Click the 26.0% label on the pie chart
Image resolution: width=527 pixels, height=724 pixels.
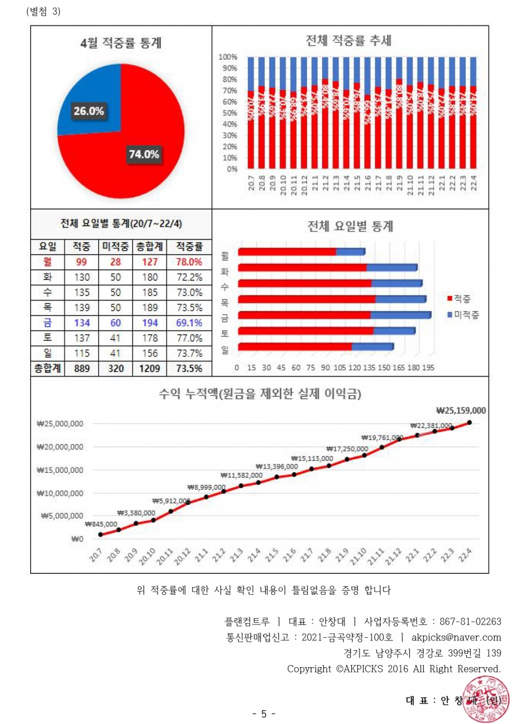pos(89,111)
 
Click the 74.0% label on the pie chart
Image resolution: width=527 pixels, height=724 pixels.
pos(143,154)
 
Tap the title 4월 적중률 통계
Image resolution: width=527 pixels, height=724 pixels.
pos(121,43)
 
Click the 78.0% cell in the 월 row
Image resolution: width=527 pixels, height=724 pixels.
pos(189,262)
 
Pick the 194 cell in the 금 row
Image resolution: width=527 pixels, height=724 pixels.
pos(149,323)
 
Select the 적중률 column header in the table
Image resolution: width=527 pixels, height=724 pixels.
pos(189,247)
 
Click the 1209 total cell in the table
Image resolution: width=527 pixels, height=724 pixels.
pos(149,368)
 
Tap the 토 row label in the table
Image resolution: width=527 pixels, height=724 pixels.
pos(47,338)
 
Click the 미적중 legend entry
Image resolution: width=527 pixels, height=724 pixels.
pos(463,315)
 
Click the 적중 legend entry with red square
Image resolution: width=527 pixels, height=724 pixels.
pos(459,299)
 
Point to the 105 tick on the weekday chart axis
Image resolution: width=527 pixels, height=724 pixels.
pos(340,367)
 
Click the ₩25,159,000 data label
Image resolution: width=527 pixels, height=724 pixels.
pos(461,411)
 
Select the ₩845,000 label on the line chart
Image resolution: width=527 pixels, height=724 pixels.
pos(101,524)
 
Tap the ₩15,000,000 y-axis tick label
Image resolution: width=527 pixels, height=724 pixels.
pos(60,470)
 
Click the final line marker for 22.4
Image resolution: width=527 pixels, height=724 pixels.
pos(469,422)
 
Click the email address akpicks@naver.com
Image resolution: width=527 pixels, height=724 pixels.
pos(456,637)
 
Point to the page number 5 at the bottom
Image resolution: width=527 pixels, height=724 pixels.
pos(263,714)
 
